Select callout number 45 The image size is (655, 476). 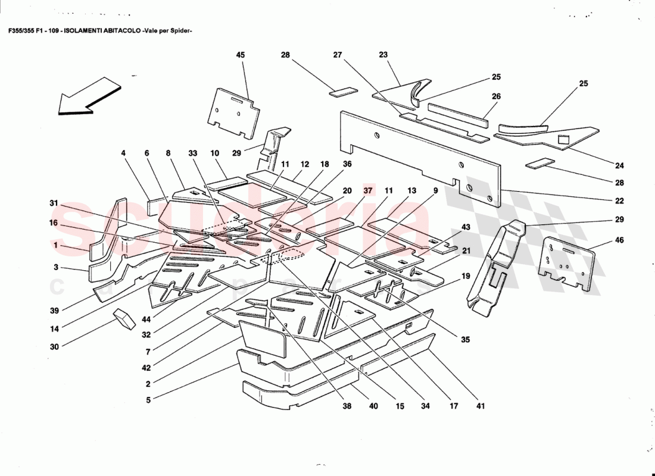pos(241,55)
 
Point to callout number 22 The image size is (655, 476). pos(620,201)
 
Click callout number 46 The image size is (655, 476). pos(620,241)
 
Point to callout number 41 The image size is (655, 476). pos(481,407)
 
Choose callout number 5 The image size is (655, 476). pos(148,400)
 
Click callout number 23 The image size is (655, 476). pos(383,55)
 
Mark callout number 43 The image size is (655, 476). pos(466,227)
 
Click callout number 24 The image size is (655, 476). pos(620,165)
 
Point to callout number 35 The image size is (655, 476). pos(465,340)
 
